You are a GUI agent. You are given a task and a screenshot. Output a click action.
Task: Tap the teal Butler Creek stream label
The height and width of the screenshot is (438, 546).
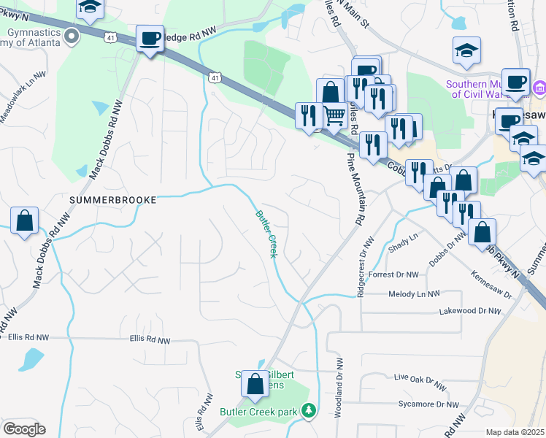coord(266,234)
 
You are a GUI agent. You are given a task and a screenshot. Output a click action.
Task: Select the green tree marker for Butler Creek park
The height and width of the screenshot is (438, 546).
coord(309,412)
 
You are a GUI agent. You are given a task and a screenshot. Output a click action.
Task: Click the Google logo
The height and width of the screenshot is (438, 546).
coord(24,429)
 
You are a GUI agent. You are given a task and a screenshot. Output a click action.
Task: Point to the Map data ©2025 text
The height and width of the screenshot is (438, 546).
coord(515,432)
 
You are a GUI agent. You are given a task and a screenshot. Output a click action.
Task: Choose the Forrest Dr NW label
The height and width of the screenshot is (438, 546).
coord(394,274)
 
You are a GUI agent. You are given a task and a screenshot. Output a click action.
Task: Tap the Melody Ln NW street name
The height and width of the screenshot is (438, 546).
coord(415,293)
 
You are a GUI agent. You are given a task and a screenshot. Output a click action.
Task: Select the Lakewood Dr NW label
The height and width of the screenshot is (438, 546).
coord(470,311)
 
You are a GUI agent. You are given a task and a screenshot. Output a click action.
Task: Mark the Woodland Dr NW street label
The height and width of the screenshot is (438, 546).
coord(339,387)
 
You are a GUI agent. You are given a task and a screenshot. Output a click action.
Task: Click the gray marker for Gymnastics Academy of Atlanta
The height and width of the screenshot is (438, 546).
coord(71,35)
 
